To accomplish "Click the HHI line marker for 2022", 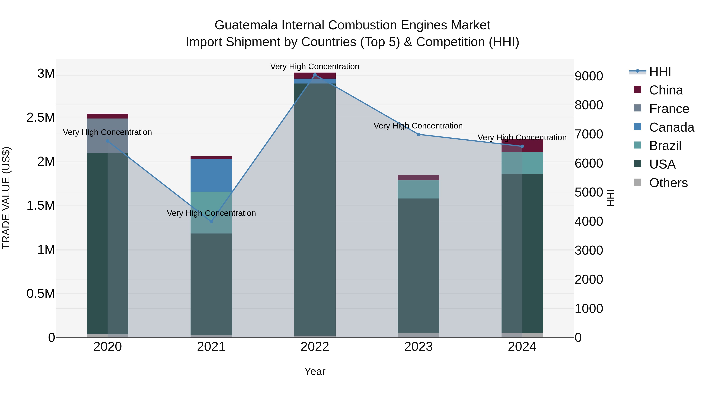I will tap(315, 75).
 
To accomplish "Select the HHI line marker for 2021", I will tap(211, 222).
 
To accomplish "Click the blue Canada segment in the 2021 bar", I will tap(211, 175).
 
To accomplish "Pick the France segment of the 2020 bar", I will tap(108, 136).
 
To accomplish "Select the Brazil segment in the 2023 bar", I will tap(418, 189).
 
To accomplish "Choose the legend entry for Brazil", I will tap(665, 146).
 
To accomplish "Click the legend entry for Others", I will tap(668, 183).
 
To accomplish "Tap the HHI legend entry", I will tap(660, 72).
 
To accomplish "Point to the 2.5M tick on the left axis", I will tap(41, 118).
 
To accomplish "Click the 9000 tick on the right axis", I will tap(589, 76).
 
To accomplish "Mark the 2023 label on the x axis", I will tap(418, 347).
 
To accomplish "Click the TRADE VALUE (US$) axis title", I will tap(6, 198).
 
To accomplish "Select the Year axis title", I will tap(315, 371).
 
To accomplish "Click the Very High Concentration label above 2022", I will tap(315, 66).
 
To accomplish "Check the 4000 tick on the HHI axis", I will tap(589, 221).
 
